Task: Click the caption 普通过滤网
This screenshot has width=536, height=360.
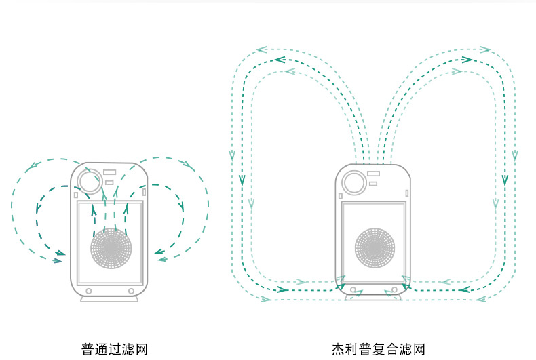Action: click(114, 349)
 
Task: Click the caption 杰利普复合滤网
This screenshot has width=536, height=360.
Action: click(379, 349)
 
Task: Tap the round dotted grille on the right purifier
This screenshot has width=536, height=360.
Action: click(375, 247)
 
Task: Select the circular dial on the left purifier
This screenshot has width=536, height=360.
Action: click(88, 179)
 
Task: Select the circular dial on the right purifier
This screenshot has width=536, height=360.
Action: click(352, 182)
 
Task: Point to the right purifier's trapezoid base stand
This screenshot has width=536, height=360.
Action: click(375, 296)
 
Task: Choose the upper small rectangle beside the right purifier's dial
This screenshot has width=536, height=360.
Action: click(373, 174)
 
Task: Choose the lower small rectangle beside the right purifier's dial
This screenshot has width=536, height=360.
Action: click(372, 184)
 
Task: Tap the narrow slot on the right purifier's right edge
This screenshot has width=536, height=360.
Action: click(406, 193)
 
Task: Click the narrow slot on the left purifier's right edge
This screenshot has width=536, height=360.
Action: click(144, 192)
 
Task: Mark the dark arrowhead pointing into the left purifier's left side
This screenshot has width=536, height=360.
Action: click(60, 254)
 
